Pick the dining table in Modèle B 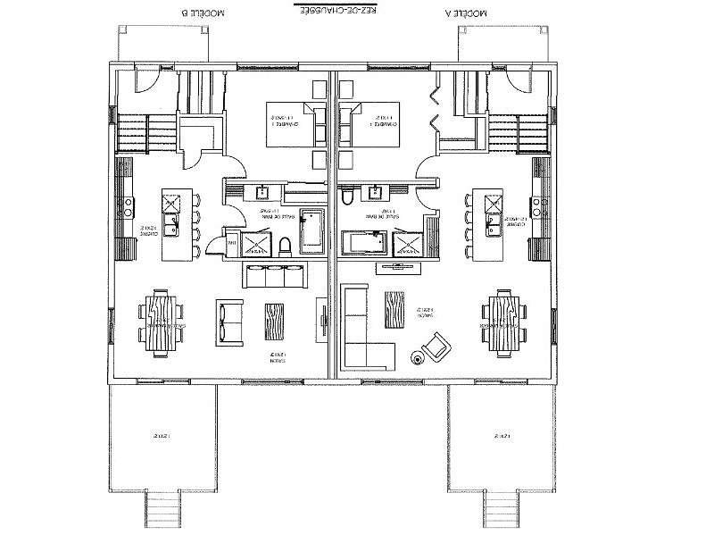click(x=160, y=321)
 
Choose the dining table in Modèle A click(x=499, y=322)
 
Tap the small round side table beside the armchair click(x=417, y=358)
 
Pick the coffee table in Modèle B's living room click(x=273, y=321)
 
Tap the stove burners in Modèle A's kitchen click(x=540, y=206)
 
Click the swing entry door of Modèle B click(x=143, y=79)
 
